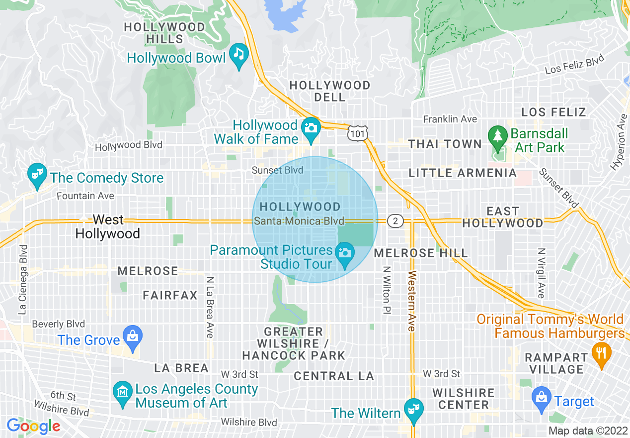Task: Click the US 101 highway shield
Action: point(358,133)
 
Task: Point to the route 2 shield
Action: point(395,221)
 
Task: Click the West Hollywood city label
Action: point(108,226)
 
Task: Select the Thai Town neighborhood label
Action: point(445,144)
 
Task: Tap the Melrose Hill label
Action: point(420,253)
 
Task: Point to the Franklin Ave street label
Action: point(450,119)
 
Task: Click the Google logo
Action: point(33,426)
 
